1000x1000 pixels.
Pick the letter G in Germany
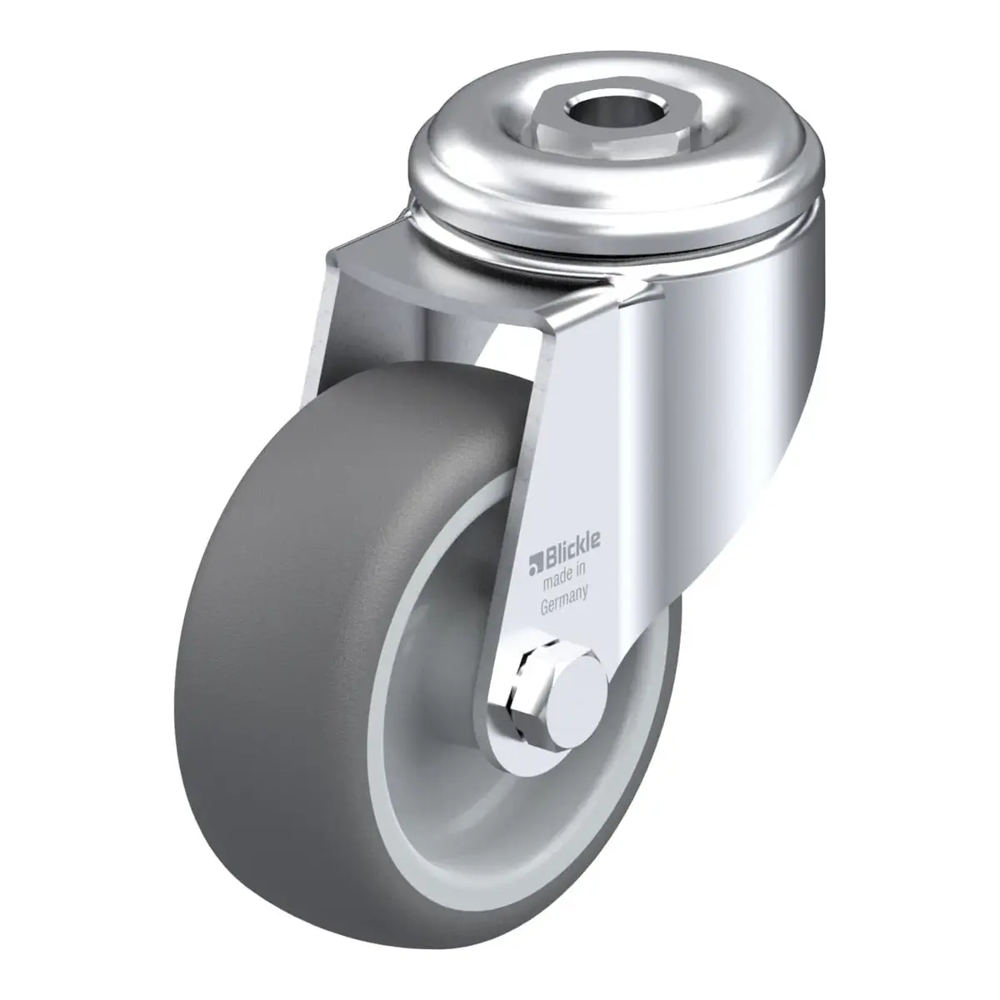click(545, 607)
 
